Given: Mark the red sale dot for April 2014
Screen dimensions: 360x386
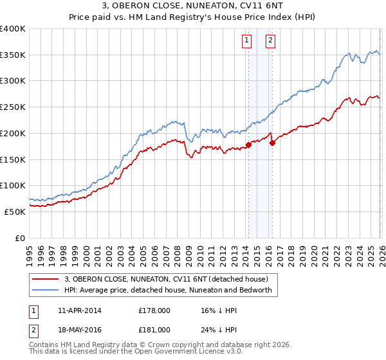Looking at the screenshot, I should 248,145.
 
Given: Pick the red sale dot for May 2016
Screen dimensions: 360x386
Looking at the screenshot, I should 272,143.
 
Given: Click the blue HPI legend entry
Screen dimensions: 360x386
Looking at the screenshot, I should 168,290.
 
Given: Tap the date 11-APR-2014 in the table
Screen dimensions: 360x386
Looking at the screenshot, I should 79,310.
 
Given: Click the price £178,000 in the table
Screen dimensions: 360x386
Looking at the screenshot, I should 154,310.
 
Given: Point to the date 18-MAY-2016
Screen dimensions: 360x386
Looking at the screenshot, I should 79,330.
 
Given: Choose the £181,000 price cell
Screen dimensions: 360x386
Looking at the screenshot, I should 154,330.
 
